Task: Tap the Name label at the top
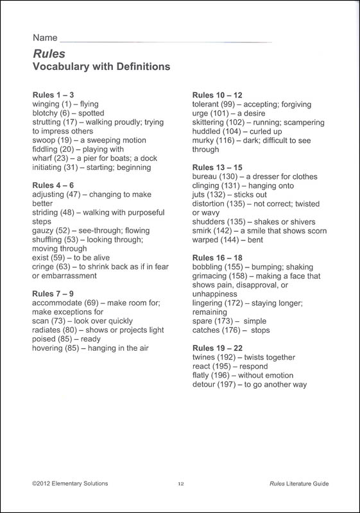point(43,38)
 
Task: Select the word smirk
point(203,231)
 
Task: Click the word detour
point(205,385)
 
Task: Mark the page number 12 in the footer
point(181,484)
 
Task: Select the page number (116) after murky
point(229,140)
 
